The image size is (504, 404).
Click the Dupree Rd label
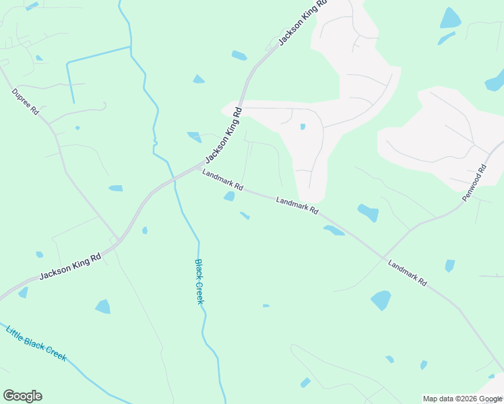tap(26, 102)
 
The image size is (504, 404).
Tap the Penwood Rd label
tap(474, 183)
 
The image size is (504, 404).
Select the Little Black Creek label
tap(36, 343)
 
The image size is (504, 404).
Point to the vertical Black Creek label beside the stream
tap(199, 281)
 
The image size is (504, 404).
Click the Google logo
tap(22, 396)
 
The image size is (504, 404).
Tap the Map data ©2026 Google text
tap(463, 399)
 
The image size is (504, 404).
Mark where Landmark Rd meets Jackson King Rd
tap(200, 165)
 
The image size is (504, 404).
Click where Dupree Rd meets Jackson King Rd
tap(119, 241)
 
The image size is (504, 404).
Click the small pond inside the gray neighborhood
tap(303, 126)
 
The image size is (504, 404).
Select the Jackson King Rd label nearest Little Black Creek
tap(70, 266)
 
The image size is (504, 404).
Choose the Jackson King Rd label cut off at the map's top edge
tap(303, 22)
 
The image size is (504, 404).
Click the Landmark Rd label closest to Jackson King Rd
tap(222, 179)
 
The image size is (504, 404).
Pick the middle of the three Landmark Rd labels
tap(297, 205)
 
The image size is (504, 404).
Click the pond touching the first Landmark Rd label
tap(229, 196)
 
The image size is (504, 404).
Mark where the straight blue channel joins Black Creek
tap(129, 47)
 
